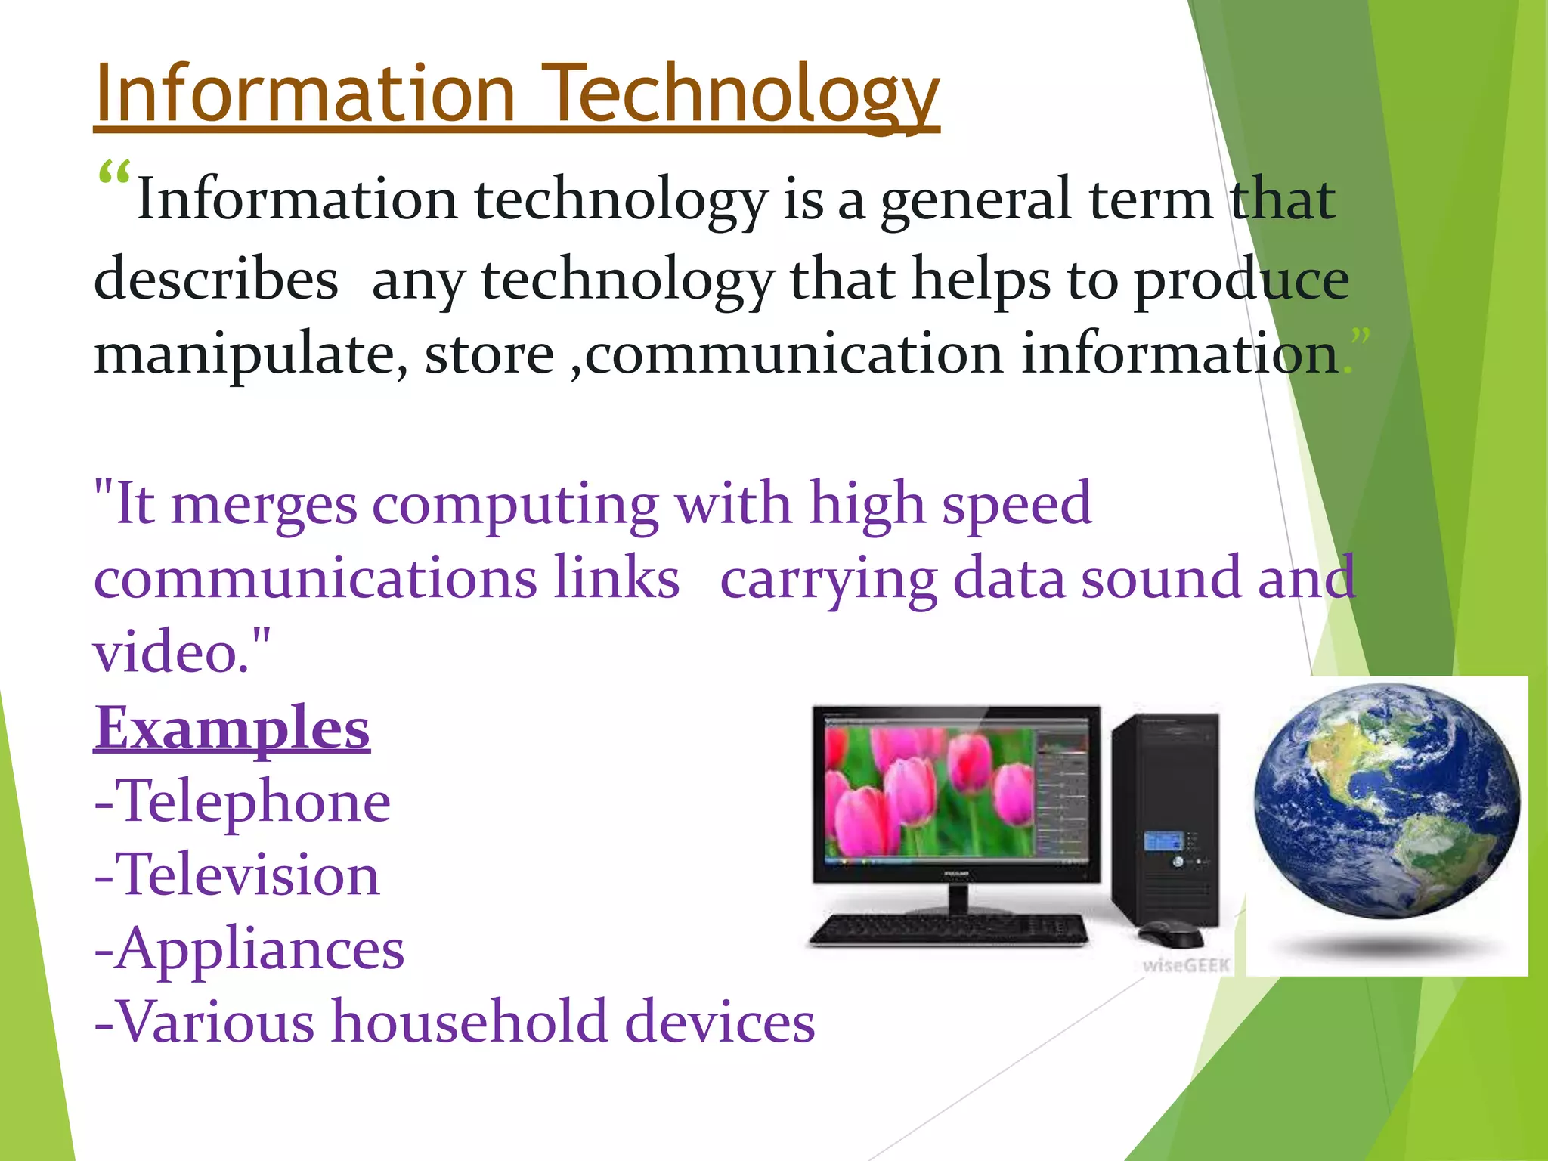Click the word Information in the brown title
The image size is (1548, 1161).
point(306,94)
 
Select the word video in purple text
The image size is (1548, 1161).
point(170,652)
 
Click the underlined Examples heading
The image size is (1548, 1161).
point(232,727)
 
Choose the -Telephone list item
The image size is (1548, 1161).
point(243,801)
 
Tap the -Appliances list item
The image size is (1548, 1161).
point(249,949)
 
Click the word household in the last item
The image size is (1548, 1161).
point(469,1022)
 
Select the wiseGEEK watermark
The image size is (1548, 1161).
point(1186,965)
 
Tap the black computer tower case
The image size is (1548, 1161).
point(1166,816)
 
